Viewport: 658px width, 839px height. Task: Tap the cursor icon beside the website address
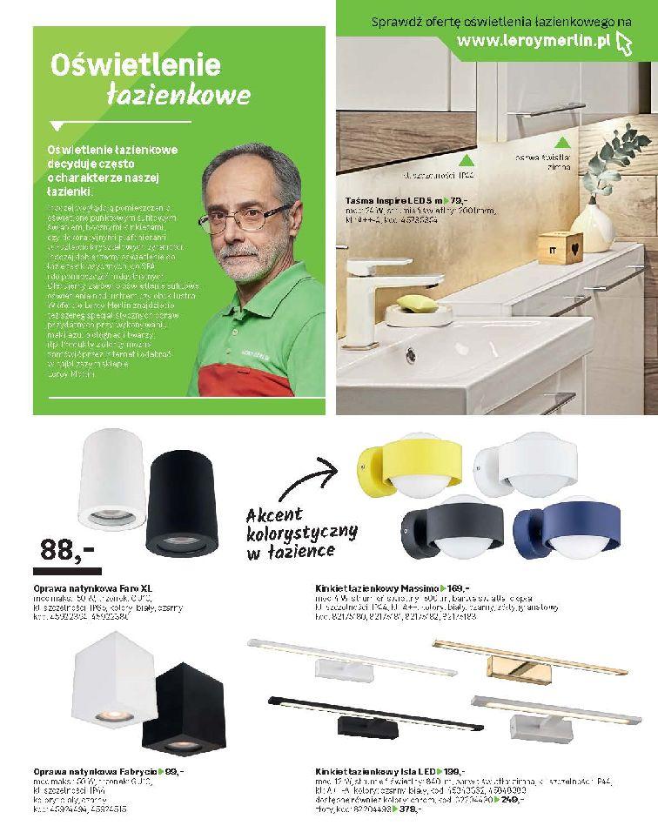click(622, 42)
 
